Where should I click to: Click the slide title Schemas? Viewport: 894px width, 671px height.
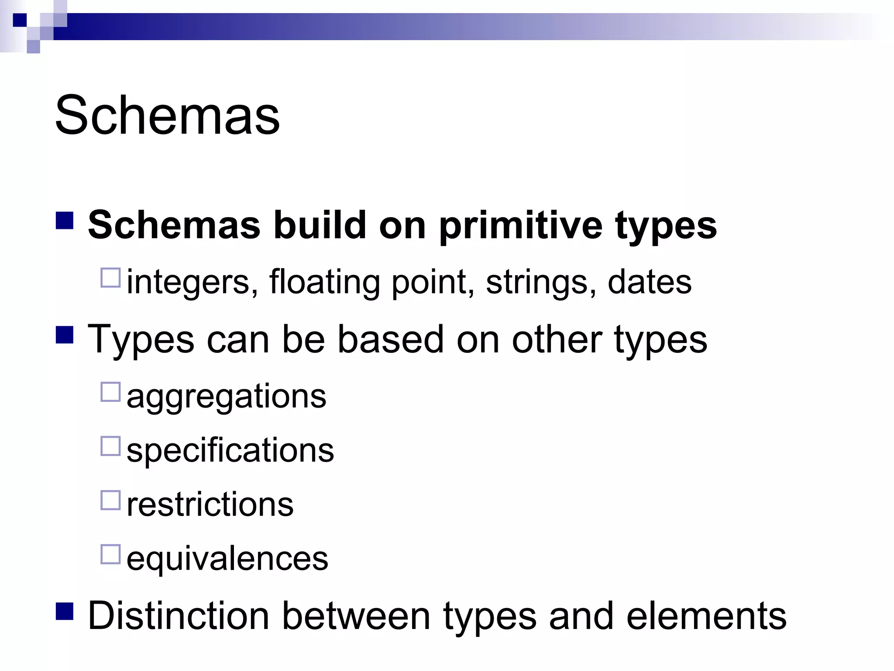point(167,116)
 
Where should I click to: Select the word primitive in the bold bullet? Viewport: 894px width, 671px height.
point(520,226)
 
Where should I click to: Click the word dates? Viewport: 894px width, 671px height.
point(649,282)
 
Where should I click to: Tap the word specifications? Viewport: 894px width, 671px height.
point(230,450)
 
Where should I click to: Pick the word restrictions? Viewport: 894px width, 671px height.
point(210,505)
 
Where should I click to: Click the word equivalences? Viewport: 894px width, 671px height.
point(227,558)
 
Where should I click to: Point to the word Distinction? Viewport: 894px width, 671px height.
point(179,616)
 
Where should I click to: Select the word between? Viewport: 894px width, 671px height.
point(356,616)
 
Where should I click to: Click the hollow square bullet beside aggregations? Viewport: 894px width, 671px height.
point(110,392)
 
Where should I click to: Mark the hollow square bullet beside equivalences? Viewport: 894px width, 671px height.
point(110,554)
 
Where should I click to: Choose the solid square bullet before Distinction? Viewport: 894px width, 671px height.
point(65,611)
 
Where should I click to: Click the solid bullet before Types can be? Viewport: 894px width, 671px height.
point(65,335)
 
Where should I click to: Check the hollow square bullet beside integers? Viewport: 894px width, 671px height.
point(110,277)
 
